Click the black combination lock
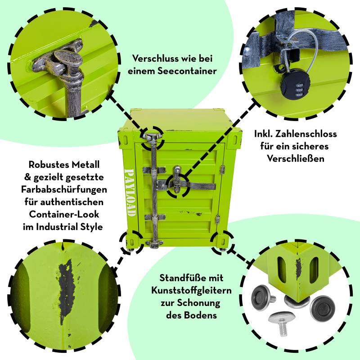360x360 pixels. tap(296, 87)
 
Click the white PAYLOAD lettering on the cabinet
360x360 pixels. tap(129, 193)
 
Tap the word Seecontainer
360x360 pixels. tap(187, 71)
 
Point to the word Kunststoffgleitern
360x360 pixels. tap(191, 290)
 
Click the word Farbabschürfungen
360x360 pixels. tap(64, 189)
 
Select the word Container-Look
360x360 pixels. tap(64, 214)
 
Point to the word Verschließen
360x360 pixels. tap(296, 159)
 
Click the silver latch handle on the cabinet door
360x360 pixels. tap(177, 179)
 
